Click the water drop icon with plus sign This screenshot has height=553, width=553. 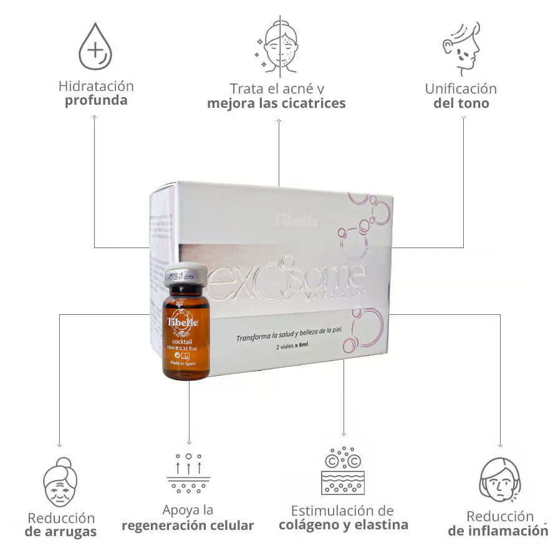(95, 47)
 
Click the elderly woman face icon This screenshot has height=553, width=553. (60, 483)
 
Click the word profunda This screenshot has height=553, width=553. (96, 100)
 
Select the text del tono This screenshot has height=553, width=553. (461, 103)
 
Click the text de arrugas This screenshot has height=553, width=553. (60, 532)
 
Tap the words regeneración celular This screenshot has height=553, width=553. (188, 526)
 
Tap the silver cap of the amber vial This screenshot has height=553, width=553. (185, 274)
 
